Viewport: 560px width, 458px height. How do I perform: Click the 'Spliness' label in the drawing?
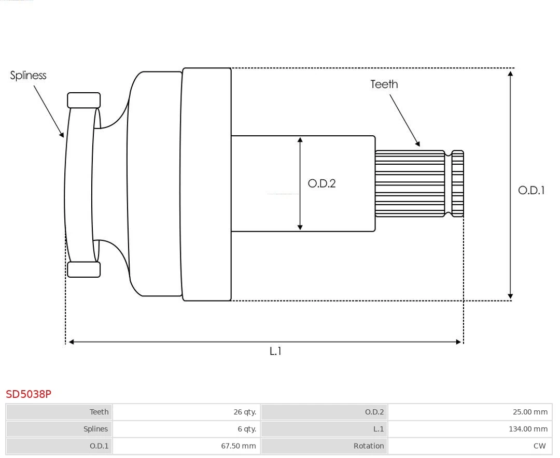click(x=28, y=76)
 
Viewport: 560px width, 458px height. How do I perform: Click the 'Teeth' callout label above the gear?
click(x=384, y=84)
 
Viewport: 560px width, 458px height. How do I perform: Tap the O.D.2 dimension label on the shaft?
click(x=321, y=183)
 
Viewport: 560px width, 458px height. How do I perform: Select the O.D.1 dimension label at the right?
click(x=531, y=190)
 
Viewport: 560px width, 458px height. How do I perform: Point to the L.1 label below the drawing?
click(x=275, y=351)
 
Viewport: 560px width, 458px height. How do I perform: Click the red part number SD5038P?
click(x=29, y=394)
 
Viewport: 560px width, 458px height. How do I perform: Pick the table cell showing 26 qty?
click(x=245, y=412)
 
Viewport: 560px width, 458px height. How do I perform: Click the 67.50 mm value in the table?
click(x=239, y=446)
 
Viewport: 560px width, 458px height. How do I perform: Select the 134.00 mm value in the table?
click(x=526, y=429)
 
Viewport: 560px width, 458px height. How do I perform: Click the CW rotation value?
click(x=539, y=446)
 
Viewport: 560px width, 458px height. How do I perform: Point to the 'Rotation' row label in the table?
click(x=369, y=446)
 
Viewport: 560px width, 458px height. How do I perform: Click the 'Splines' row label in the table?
click(x=95, y=429)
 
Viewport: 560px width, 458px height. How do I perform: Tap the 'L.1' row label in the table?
click(x=379, y=429)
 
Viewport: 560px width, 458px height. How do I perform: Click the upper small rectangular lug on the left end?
click(x=83, y=101)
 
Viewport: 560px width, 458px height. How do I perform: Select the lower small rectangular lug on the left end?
click(x=83, y=269)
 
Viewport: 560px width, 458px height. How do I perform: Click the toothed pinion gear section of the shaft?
click(x=410, y=183)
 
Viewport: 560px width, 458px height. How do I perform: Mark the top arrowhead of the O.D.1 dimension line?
click(x=511, y=73)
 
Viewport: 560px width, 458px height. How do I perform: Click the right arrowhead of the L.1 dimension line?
click(x=458, y=342)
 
